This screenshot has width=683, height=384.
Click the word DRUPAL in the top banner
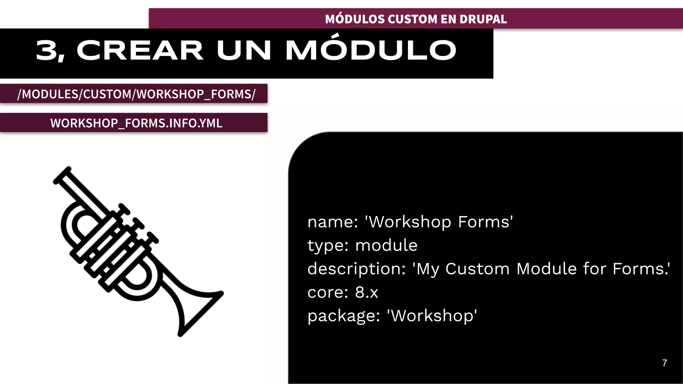(483, 19)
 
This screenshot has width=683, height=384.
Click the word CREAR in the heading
(140, 51)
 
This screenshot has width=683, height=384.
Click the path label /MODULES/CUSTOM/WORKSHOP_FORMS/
(136, 94)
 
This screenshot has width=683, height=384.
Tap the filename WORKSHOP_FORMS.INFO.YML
(136, 123)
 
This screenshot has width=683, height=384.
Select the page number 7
(665, 363)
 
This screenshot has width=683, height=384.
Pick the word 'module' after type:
(386, 246)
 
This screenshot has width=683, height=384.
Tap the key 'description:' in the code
(356, 269)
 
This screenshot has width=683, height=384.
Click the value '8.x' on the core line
(367, 292)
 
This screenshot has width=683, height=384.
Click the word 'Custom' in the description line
(477, 269)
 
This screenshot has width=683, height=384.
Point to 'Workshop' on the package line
(432, 316)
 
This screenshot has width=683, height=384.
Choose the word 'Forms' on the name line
(485, 222)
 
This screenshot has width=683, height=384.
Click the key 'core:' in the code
(327, 292)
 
